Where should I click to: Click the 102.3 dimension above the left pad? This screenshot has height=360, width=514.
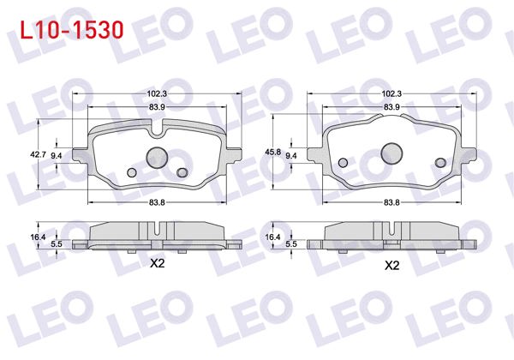pyautogui.click(x=157, y=93)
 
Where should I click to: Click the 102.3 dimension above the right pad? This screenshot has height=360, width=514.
pyautogui.click(x=391, y=93)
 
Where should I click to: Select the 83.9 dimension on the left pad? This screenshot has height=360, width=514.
pyautogui.click(x=157, y=106)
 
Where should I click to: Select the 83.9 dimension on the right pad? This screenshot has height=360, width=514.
pyautogui.click(x=391, y=106)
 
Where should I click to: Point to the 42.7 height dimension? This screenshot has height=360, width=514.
pyautogui.click(x=37, y=154)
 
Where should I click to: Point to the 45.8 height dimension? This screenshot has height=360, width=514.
pyautogui.click(x=272, y=152)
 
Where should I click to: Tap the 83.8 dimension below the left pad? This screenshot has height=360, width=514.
pyautogui.click(x=157, y=202)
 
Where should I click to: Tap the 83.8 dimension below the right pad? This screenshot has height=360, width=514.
pyautogui.click(x=391, y=202)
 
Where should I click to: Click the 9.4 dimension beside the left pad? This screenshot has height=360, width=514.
pyautogui.click(x=57, y=155)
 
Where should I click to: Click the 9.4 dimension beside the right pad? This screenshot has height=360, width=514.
pyautogui.click(x=291, y=155)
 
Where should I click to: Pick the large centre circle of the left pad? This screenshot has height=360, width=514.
pyautogui.click(x=157, y=157)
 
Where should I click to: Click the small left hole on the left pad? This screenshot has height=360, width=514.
pyautogui.click(x=132, y=173)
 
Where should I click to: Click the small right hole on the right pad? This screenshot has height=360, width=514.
pyautogui.click(x=440, y=163)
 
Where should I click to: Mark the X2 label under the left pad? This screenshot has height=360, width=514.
pyautogui.click(x=157, y=265)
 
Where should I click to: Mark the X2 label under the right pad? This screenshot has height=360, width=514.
pyautogui.click(x=391, y=266)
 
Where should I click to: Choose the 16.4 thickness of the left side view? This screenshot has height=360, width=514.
pyautogui.click(x=37, y=236)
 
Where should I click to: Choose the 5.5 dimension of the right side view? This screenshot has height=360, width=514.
pyautogui.click(x=291, y=244)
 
